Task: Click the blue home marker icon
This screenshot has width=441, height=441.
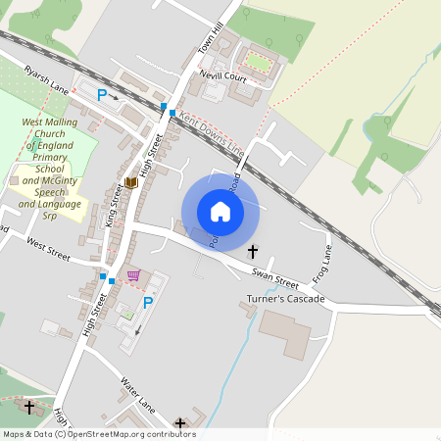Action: (220, 212)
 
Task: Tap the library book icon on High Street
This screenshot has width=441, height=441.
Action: (131, 182)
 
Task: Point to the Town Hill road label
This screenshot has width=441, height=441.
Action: (211, 36)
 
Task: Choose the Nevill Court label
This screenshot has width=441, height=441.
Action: (221, 74)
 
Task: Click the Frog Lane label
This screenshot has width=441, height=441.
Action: (323, 261)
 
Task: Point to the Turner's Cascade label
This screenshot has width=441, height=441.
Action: (285, 298)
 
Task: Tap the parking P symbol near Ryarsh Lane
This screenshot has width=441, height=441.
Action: (101, 95)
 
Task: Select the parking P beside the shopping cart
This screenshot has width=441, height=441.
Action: (148, 302)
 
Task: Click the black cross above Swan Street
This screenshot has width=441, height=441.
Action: (253, 251)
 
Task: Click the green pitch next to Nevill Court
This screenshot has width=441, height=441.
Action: (258, 62)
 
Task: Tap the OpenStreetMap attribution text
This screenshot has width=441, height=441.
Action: (98, 434)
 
